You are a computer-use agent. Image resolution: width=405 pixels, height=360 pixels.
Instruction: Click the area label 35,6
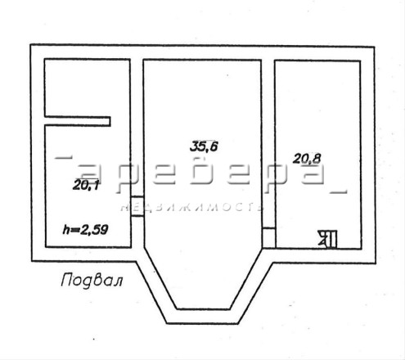point(204,146)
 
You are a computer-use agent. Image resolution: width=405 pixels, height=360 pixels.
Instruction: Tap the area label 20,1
point(86,186)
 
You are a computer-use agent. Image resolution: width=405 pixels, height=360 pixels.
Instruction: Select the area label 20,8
point(307,159)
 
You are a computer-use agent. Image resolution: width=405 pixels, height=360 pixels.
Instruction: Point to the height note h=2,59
point(86,230)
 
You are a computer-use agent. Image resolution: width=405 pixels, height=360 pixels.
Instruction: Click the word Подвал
point(92,280)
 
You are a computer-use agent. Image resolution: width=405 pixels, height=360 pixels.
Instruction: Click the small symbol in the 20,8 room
point(328,239)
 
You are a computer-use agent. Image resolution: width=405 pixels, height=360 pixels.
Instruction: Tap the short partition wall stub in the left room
point(78,121)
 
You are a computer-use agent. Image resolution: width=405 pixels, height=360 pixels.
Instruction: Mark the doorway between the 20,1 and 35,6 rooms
point(137,206)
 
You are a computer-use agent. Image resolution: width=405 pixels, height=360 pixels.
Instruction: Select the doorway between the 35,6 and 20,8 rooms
point(268,238)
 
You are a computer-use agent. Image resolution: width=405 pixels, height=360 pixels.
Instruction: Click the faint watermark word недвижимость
point(192,208)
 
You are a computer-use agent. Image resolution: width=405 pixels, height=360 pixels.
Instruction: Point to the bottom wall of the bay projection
point(203,317)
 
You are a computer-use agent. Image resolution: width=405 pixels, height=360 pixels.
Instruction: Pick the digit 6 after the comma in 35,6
point(214,146)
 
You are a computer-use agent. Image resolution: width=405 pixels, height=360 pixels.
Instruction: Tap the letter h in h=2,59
point(66,230)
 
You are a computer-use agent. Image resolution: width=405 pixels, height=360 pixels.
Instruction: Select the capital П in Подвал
point(67,280)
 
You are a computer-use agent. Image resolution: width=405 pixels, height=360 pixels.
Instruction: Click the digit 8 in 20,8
point(317,159)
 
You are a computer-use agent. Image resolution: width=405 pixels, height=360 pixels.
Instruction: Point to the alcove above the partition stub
point(87,88)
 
